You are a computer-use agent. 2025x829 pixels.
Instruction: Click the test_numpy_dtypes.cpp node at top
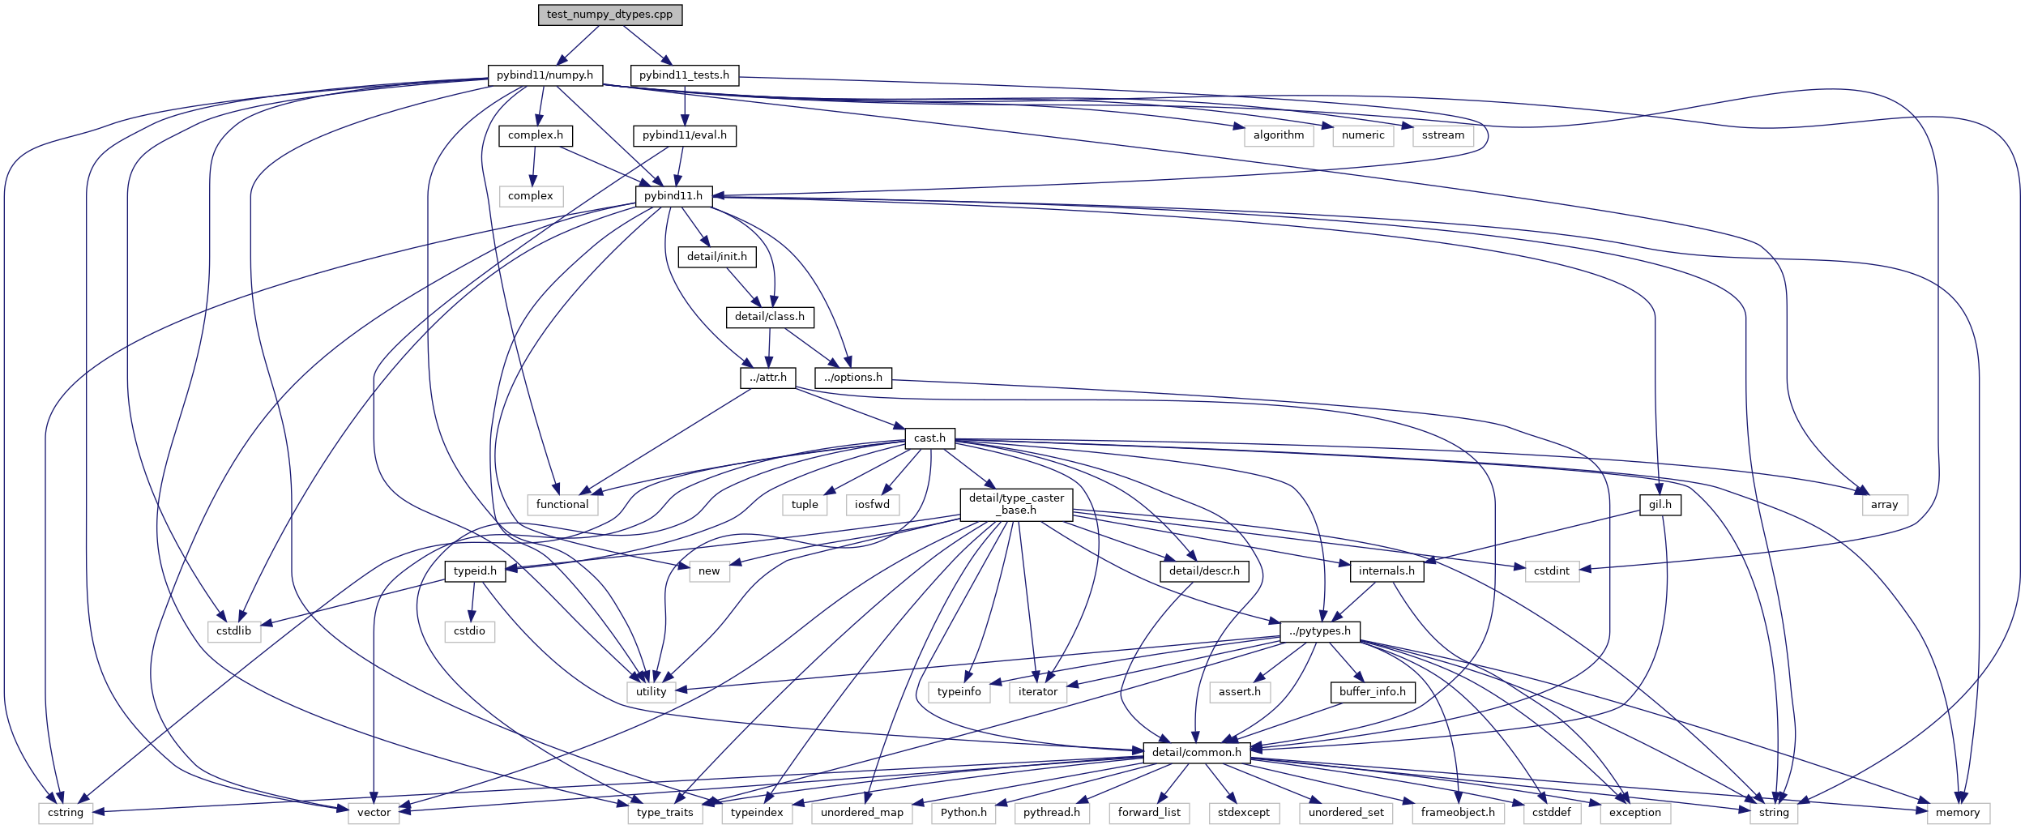pyautogui.click(x=609, y=15)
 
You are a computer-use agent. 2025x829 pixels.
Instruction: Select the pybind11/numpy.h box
pyautogui.click(x=545, y=75)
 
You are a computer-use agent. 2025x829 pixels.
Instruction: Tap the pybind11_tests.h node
pyautogui.click(x=684, y=75)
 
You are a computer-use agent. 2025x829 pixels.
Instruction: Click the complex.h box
pyautogui.click(x=535, y=135)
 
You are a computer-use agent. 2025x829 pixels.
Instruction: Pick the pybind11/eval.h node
pyautogui.click(x=684, y=135)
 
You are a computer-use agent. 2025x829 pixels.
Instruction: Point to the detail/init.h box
pyautogui.click(x=716, y=257)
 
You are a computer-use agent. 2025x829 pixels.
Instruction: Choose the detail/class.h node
pyautogui.click(x=769, y=317)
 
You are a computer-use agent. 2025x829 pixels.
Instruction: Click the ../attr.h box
pyautogui.click(x=767, y=378)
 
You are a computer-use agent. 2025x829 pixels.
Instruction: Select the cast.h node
pyautogui.click(x=929, y=438)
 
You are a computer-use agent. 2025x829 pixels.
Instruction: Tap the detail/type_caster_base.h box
pyautogui.click(x=1016, y=504)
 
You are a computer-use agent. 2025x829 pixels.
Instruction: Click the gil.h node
pyautogui.click(x=1660, y=505)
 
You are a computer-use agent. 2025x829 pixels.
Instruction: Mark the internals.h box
pyautogui.click(x=1386, y=571)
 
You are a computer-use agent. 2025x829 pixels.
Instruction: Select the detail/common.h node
pyautogui.click(x=1196, y=753)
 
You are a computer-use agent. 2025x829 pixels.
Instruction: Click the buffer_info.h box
pyautogui.click(x=1372, y=692)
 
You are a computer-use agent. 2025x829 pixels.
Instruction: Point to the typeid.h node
pyautogui.click(x=475, y=571)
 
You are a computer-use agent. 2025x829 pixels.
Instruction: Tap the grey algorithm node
pyautogui.click(x=1278, y=135)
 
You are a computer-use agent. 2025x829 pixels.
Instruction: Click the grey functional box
pyautogui.click(x=562, y=505)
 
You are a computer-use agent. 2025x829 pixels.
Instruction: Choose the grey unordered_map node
pyautogui.click(x=861, y=813)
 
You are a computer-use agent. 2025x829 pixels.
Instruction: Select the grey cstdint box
pyautogui.click(x=1551, y=571)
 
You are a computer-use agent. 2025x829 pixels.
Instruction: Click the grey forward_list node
pyautogui.click(x=1148, y=813)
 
